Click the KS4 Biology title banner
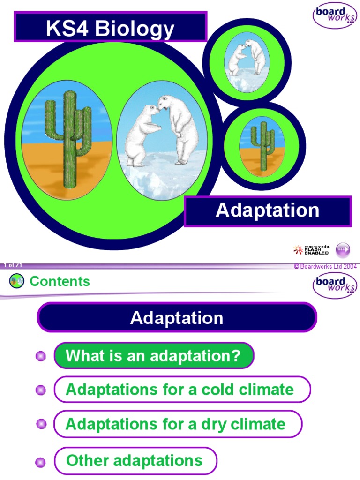click(110, 28)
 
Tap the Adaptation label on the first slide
click(267, 211)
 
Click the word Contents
click(60, 281)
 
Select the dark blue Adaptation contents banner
click(177, 318)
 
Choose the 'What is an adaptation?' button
click(153, 356)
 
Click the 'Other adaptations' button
click(135, 460)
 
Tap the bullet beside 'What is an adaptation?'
click(41, 356)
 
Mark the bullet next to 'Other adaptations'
click(41, 462)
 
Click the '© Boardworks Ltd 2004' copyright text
click(325, 267)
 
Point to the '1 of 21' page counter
click(12, 265)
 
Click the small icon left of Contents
click(16, 281)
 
